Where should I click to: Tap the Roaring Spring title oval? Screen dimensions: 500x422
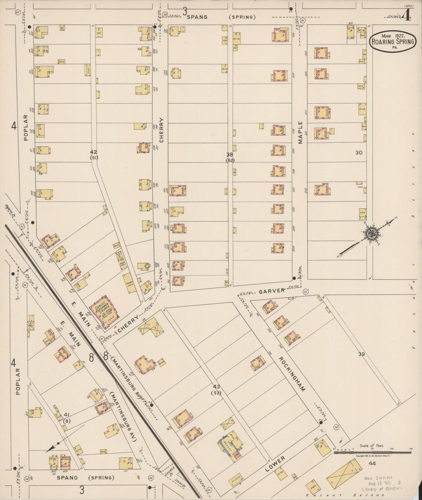click(393, 42)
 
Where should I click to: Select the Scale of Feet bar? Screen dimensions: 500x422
click(372, 452)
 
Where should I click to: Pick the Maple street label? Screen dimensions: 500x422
click(301, 133)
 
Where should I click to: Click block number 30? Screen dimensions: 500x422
click(359, 152)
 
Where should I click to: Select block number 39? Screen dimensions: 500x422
click(362, 354)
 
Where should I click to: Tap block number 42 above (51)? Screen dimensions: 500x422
click(93, 152)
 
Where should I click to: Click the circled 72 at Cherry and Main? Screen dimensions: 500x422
click(102, 339)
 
